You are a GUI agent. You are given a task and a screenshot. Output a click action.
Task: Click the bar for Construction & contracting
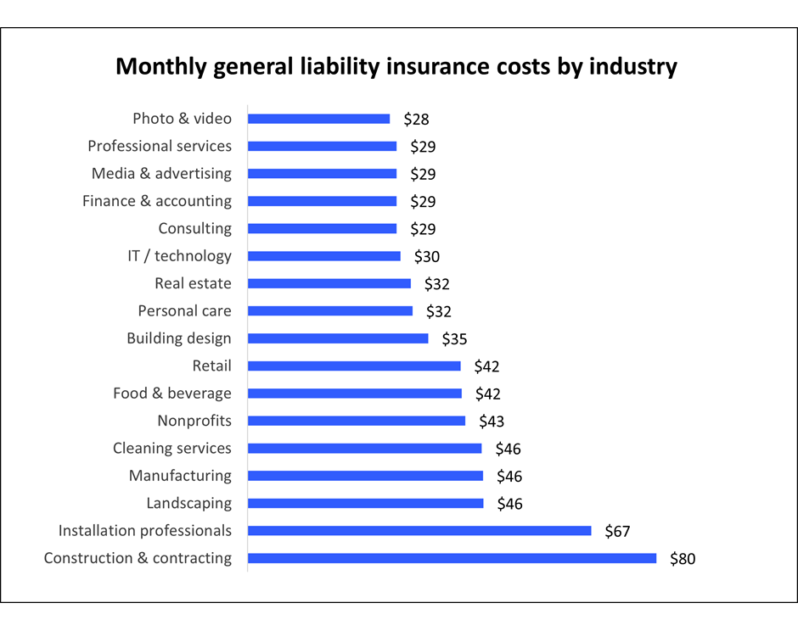click(452, 558)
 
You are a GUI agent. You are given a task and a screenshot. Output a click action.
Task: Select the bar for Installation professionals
click(419, 531)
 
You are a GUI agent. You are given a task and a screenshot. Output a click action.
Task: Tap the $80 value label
click(683, 559)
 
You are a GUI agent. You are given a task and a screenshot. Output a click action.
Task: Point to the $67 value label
click(617, 532)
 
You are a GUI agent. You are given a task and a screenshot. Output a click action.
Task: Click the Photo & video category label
click(182, 119)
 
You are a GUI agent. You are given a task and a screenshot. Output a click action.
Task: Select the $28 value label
click(416, 120)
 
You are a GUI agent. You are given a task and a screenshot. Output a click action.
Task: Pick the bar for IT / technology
click(323, 256)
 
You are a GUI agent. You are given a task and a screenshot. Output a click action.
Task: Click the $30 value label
click(426, 257)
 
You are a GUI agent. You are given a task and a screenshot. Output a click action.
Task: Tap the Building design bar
click(338, 338)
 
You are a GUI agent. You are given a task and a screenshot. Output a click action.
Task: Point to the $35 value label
click(454, 339)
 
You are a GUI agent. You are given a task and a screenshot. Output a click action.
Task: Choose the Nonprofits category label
click(194, 421)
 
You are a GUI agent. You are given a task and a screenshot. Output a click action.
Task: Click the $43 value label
click(492, 422)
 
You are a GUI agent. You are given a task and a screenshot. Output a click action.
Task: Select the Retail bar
click(354, 366)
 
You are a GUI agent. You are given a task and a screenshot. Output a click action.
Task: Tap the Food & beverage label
click(171, 394)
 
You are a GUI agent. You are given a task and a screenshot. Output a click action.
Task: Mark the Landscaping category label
click(188, 503)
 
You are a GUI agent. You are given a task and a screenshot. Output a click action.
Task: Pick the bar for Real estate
click(329, 283)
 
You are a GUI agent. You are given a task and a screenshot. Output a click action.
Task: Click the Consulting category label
click(194, 228)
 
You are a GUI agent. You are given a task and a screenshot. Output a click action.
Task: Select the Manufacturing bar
click(365, 476)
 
